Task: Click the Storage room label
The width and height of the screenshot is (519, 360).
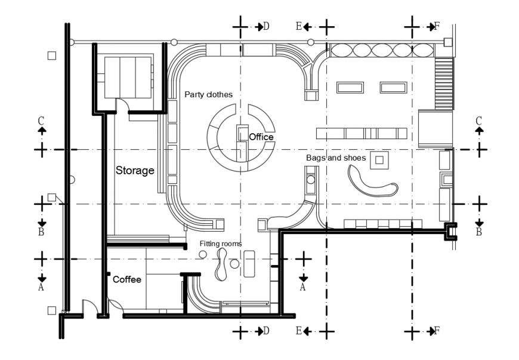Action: [135, 171]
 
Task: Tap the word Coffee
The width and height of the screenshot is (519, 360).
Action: [127, 279]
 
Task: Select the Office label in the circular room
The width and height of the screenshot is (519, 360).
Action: [261, 137]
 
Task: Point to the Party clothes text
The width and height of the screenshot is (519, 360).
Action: [208, 94]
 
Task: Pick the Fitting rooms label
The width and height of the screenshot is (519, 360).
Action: [221, 244]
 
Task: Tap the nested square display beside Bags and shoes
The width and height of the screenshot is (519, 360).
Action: [379, 160]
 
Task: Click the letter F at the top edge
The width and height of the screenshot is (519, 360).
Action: [437, 26]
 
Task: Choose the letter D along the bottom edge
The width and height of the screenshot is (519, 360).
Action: [266, 331]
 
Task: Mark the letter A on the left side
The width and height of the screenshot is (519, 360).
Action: [41, 287]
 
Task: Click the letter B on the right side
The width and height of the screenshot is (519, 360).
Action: [478, 232]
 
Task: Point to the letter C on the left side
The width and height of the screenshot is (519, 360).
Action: [41, 121]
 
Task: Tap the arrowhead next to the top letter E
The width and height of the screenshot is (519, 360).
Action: [305, 27]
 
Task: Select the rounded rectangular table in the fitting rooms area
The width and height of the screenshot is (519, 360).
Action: [249, 263]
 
